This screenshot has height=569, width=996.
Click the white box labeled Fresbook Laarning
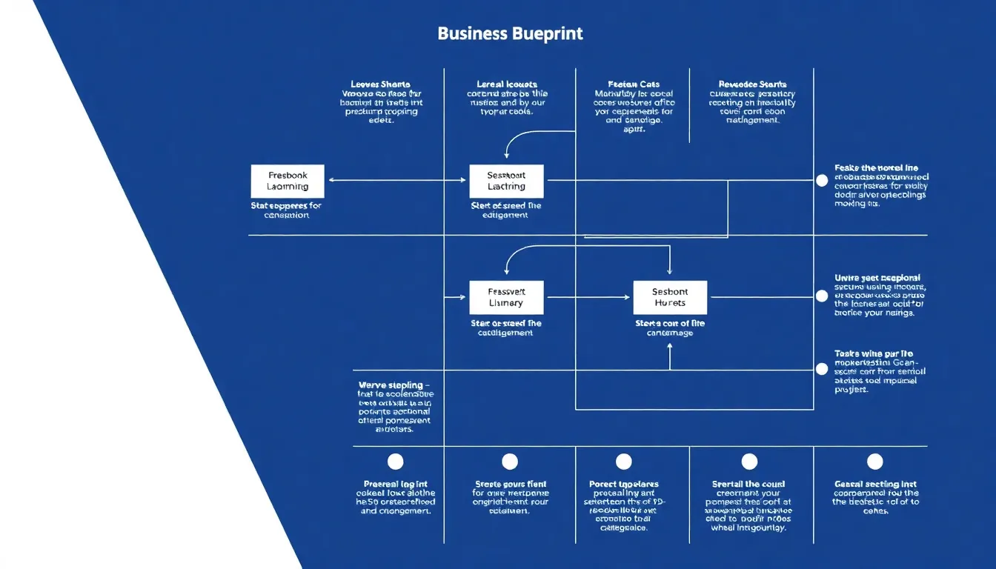click(x=288, y=182)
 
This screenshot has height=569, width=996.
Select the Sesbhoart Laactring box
click(x=506, y=182)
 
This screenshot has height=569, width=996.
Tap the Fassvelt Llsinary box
click(x=506, y=298)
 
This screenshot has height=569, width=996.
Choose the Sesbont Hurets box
click(x=670, y=298)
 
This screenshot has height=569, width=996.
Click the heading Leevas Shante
click(x=380, y=84)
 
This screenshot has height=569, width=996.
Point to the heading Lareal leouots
click(x=507, y=84)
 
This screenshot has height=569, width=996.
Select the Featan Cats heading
click(x=634, y=84)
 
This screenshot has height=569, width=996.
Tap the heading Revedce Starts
click(x=752, y=84)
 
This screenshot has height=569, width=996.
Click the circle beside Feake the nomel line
click(x=821, y=180)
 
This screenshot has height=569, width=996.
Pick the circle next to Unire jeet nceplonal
click(x=821, y=296)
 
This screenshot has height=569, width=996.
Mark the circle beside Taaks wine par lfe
click(x=821, y=369)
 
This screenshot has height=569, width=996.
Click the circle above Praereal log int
click(x=396, y=462)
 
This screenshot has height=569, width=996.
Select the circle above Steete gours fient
click(x=510, y=462)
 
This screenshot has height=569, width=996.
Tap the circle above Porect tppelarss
click(x=624, y=462)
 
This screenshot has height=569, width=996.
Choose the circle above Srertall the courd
click(x=750, y=462)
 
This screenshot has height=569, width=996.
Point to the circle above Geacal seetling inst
click(x=875, y=462)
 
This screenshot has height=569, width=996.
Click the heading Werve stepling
click(x=391, y=385)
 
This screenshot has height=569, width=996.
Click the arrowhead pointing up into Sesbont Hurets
click(x=670, y=347)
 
